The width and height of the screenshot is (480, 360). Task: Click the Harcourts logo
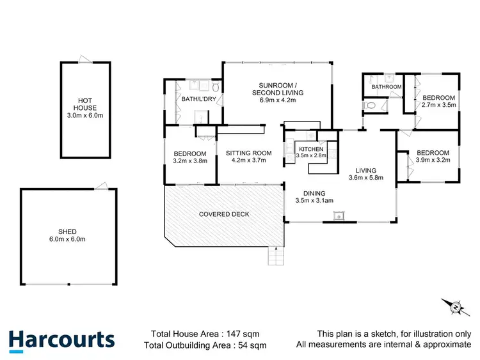click(x=62, y=339)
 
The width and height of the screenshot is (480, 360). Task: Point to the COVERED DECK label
click(x=223, y=214)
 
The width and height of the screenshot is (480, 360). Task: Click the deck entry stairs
click(x=274, y=257)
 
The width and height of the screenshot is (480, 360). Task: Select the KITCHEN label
click(x=311, y=149)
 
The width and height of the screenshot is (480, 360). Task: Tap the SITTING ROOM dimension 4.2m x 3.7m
click(x=249, y=160)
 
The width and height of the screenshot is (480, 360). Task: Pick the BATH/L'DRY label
click(x=196, y=99)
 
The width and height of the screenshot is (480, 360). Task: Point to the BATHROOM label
click(x=387, y=87)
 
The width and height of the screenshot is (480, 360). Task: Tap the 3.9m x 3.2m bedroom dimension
click(x=433, y=160)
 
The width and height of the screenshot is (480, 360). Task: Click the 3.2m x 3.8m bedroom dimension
click(x=190, y=161)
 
